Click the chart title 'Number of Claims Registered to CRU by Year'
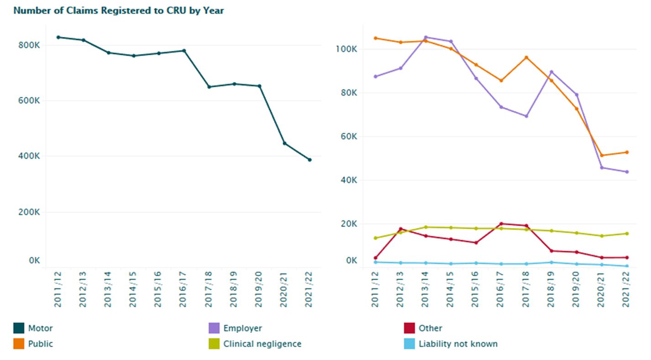pyautogui.click(x=119, y=10)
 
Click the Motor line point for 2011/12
pyautogui.click(x=58, y=37)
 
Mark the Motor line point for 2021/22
pyautogui.click(x=310, y=160)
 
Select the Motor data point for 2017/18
pyautogui.click(x=209, y=87)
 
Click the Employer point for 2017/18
pyautogui.click(x=526, y=116)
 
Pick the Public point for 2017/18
pyautogui.click(x=526, y=57)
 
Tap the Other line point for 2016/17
pyautogui.click(x=501, y=224)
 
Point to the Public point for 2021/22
pyautogui.click(x=627, y=152)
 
